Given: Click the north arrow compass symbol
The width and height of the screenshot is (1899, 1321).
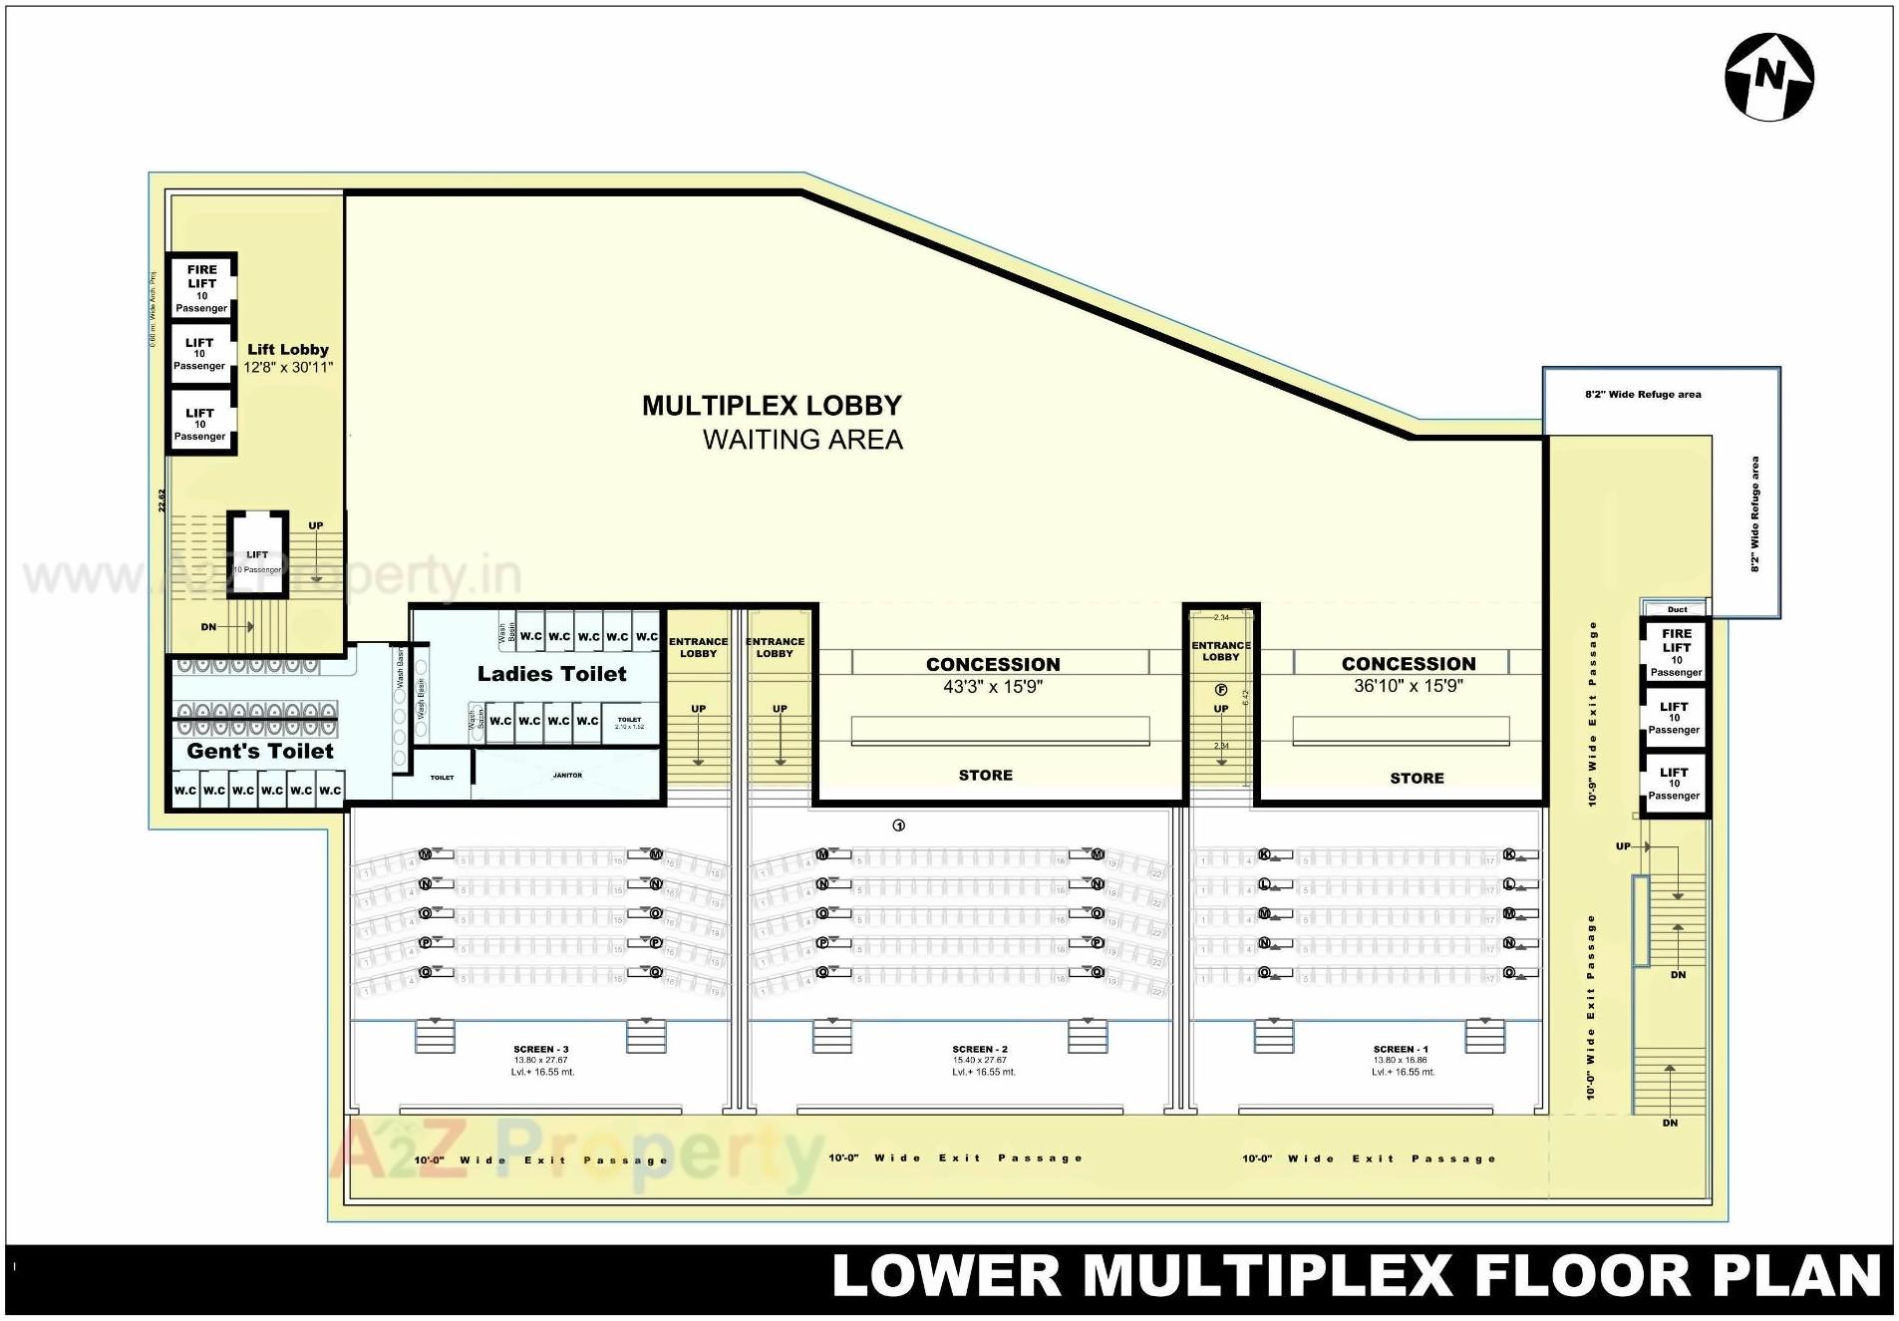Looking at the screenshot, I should click(x=1768, y=77).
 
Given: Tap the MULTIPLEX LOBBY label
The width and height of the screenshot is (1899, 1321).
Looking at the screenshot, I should click(x=772, y=406).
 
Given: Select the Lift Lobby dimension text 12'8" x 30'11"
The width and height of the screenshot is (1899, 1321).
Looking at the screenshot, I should click(x=288, y=367).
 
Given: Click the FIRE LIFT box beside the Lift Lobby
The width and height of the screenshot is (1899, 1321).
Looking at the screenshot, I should click(x=201, y=287).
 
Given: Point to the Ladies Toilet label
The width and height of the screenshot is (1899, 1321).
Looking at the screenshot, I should click(x=551, y=674).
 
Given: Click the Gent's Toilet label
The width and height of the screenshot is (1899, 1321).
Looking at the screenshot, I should click(x=260, y=751).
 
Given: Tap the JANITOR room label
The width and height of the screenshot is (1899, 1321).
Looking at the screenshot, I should click(x=567, y=775).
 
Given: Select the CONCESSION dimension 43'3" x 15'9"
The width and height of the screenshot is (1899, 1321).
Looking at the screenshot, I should click(x=993, y=686).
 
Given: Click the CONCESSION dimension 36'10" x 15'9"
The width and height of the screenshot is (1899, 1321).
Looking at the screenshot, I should click(x=1408, y=686).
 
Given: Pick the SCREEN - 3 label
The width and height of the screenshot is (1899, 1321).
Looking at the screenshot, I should click(x=541, y=1049).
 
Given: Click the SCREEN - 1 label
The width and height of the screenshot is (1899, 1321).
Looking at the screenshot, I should click(x=1401, y=1049).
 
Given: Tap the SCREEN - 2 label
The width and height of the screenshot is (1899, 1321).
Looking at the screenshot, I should click(x=980, y=1049).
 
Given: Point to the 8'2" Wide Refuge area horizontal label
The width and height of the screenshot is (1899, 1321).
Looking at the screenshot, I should click(x=1643, y=395).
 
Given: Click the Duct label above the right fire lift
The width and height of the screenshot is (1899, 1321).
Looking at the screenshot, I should click(x=1677, y=609).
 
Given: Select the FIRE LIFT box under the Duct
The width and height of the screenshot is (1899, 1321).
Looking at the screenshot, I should click(x=1676, y=651).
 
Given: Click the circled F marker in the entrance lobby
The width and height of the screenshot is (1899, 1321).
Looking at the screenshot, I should click(x=1220, y=690).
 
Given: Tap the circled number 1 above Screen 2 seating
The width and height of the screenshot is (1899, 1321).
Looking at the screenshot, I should click(x=898, y=826).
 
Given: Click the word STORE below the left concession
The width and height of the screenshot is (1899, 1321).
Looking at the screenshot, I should click(x=985, y=775).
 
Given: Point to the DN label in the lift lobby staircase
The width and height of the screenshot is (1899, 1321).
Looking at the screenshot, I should click(x=208, y=627).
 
